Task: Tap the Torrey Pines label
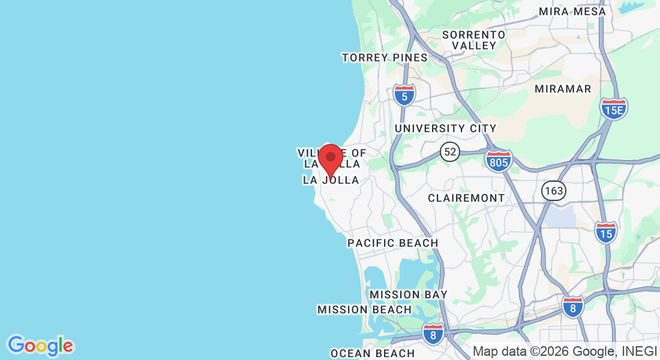coord(385,58)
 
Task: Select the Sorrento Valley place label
coord(474,40)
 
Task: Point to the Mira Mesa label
coord(572,11)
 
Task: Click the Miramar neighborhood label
coord(563,89)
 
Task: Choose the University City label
coord(445,128)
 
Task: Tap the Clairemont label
coord(466,198)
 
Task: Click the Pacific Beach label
coord(392,243)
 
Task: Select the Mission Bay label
coord(408,295)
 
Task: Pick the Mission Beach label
coord(364,310)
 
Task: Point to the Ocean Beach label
coord(373,353)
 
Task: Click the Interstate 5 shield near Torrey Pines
coord(405,95)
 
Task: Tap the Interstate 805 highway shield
coord(499,161)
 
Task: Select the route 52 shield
coord(449,151)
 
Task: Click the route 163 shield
coord(553,191)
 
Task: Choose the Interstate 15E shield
coord(614,109)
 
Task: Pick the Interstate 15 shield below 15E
coord(606,232)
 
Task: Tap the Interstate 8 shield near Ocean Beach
coord(433,334)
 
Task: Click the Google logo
coord(40,346)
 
